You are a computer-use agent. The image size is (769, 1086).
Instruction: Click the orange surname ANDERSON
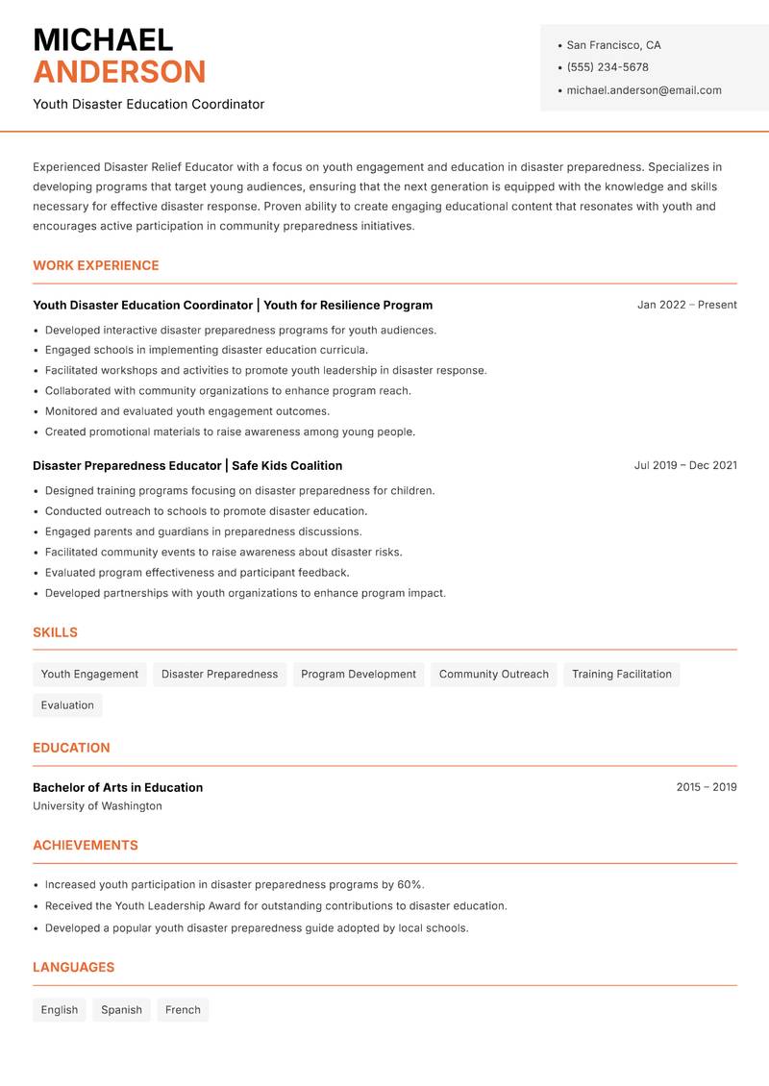(119, 72)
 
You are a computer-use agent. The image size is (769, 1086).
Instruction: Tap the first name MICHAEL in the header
(103, 39)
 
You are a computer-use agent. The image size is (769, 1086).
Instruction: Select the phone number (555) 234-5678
(607, 67)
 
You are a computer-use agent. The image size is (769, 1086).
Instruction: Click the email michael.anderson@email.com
(643, 90)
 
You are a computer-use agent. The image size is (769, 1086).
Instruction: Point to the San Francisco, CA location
(613, 45)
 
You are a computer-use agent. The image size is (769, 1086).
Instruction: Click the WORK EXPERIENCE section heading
(96, 265)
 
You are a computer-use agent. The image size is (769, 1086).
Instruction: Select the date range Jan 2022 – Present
(686, 305)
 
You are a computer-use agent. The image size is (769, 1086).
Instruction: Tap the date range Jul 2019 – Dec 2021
(684, 465)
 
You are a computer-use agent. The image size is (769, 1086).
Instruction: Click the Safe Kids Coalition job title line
(187, 465)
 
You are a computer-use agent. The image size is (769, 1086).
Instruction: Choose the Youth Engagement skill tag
(89, 674)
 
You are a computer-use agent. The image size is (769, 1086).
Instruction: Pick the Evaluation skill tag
(67, 704)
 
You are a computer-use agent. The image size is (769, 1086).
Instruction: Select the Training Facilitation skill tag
(621, 674)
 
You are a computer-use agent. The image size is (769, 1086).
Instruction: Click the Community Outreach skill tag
(493, 674)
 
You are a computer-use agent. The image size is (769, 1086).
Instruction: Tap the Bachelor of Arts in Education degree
(117, 787)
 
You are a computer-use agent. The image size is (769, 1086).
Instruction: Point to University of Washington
(97, 806)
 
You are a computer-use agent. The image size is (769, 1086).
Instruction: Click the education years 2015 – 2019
(706, 787)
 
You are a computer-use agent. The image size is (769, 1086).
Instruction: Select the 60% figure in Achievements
(409, 884)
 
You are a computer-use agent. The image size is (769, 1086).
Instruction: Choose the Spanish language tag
(121, 1009)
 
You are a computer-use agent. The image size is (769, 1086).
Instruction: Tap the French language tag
(183, 1009)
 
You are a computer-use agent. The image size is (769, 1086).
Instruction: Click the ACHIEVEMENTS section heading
(86, 845)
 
